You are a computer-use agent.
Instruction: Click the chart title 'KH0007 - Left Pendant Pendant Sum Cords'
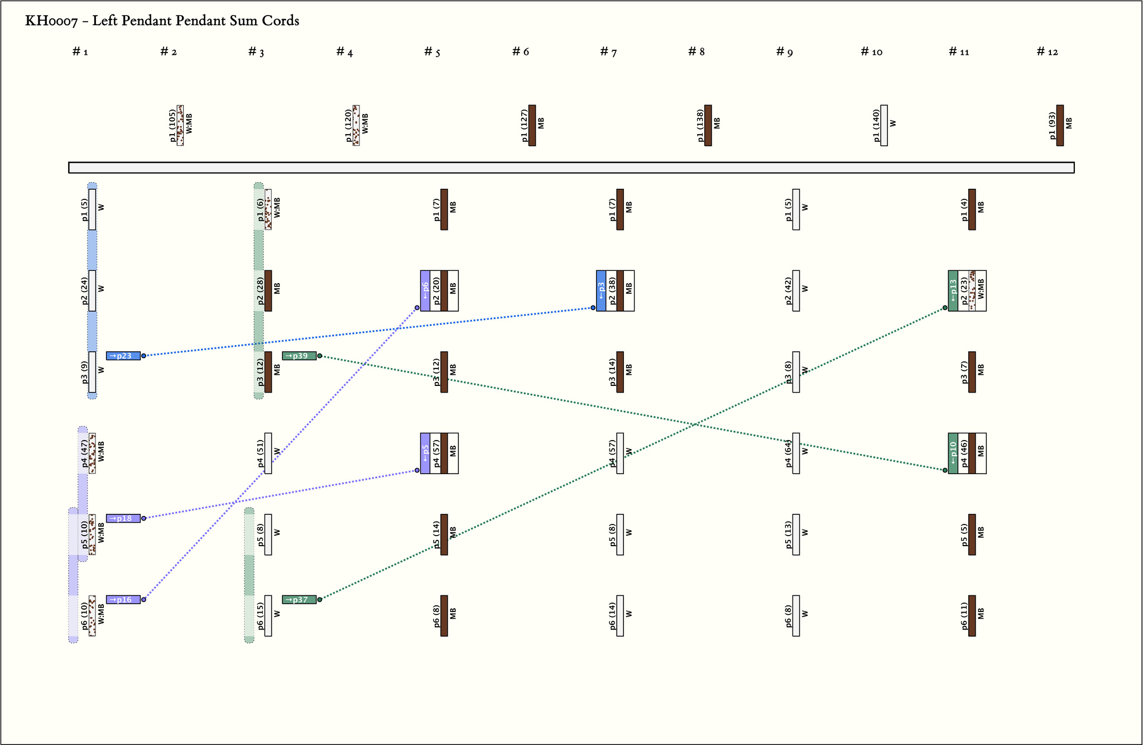(x=162, y=21)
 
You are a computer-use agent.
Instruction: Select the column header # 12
(x=1047, y=52)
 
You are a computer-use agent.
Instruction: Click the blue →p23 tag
(x=123, y=356)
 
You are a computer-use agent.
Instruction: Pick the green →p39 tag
(x=299, y=356)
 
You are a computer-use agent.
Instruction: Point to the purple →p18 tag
(x=123, y=518)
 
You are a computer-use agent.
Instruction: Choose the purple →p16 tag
(x=123, y=600)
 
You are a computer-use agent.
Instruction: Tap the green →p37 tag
(x=299, y=600)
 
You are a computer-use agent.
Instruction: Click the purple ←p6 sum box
(x=425, y=290)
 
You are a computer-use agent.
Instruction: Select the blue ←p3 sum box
(x=601, y=290)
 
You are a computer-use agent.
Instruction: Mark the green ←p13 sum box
(x=953, y=290)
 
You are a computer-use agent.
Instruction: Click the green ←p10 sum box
(x=953, y=453)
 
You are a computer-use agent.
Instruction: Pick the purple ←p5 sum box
(x=425, y=453)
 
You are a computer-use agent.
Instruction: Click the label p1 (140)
(x=876, y=126)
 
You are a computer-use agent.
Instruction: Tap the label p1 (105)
(x=172, y=126)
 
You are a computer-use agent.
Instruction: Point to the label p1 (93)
(x=1052, y=126)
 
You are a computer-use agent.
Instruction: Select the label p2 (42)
(x=788, y=290)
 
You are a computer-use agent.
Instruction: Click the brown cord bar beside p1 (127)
(x=532, y=126)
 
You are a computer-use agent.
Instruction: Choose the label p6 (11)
(x=964, y=615)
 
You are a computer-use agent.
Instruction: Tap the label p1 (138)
(x=700, y=126)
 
